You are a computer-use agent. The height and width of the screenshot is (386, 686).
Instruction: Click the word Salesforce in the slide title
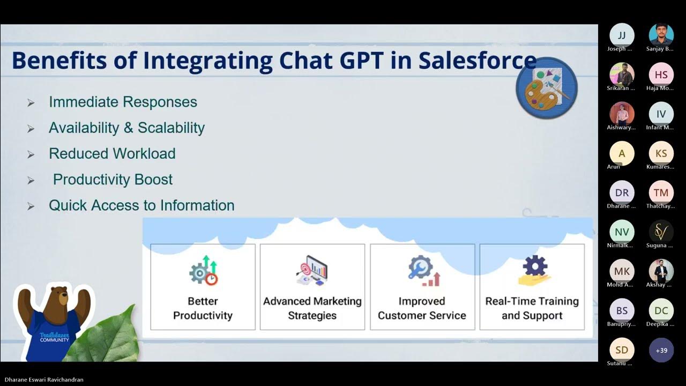coord(477,61)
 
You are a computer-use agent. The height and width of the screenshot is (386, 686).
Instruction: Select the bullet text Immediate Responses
coord(123,102)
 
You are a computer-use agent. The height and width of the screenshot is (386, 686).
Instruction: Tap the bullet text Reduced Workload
coord(112,154)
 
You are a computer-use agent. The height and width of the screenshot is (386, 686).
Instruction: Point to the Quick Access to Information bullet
coord(141,205)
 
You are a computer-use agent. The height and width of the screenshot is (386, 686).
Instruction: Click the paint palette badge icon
coord(546,88)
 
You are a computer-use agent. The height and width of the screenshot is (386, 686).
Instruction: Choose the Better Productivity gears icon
coord(203,271)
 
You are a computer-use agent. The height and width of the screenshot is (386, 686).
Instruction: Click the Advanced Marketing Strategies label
coord(312,308)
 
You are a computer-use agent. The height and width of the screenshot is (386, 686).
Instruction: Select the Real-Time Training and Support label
coord(532,308)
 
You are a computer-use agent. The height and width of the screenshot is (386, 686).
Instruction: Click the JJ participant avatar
coord(622,35)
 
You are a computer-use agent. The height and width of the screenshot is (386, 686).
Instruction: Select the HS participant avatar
coord(661,75)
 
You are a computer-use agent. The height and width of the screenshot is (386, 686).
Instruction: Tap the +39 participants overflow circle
coord(661,350)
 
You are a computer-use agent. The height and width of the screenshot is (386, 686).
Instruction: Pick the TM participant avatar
coord(661,192)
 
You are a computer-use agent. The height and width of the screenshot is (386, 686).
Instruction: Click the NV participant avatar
coord(622,232)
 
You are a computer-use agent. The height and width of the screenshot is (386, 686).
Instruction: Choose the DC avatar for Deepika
coord(661,310)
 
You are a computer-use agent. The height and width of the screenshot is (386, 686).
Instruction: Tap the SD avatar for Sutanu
coord(622,350)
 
